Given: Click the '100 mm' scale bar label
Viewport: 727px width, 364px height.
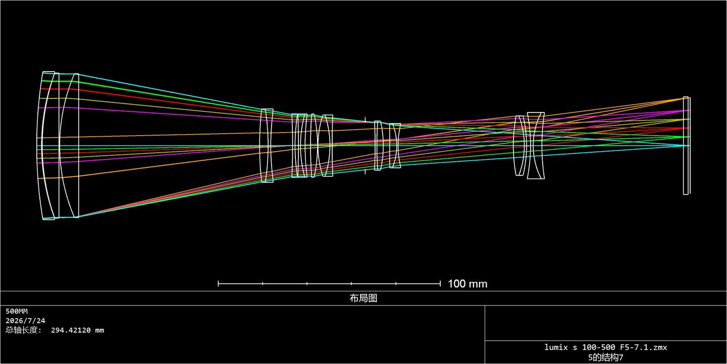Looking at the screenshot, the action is (x=468, y=284).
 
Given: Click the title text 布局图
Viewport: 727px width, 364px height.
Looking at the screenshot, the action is (x=363, y=298).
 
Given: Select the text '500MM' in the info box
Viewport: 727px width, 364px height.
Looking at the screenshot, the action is (x=17, y=311).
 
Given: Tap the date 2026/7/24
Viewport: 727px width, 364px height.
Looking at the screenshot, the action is (x=25, y=321).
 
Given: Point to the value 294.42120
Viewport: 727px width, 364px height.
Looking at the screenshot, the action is (x=71, y=330).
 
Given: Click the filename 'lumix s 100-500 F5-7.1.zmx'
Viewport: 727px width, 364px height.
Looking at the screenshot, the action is (x=606, y=347).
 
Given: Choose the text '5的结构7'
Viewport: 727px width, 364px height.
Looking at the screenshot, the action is (x=606, y=357).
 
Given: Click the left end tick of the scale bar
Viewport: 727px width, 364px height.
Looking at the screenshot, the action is (x=219, y=284).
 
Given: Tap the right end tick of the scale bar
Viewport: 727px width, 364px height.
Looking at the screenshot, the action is (x=440, y=284).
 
